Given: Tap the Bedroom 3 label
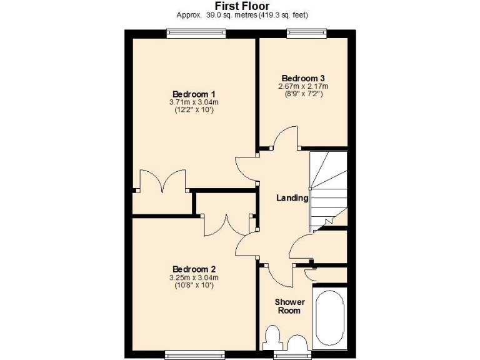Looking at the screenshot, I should (x=303, y=78).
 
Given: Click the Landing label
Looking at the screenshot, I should (x=292, y=197).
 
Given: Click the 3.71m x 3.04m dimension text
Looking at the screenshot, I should (x=194, y=102).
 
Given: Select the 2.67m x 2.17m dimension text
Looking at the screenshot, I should (x=303, y=86).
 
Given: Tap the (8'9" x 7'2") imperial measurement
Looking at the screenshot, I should (x=303, y=94).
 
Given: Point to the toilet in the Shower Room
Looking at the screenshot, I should (x=272, y=338).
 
